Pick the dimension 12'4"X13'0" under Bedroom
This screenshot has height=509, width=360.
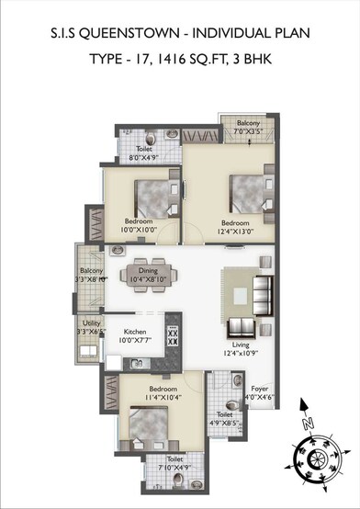(x=234, y=232)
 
